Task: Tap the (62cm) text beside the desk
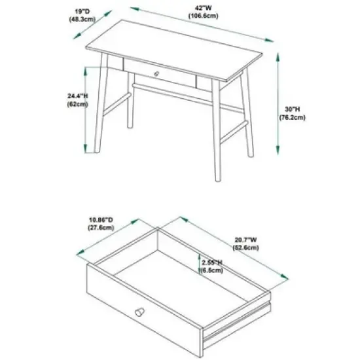tap(77, 104)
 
